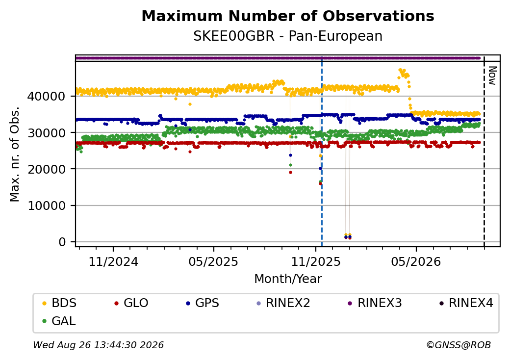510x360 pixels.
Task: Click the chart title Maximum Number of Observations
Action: click(x=288, y=16)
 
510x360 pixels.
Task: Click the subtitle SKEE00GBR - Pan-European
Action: click(x=288, y=36)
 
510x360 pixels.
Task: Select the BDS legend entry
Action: click(x=59, y=303)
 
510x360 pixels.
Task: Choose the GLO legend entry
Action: click(x=131, y=303)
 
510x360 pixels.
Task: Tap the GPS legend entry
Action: click(x=203, y=303)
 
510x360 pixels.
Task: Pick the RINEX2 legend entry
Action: click(x=283, y=303)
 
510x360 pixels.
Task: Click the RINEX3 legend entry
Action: click(x=375, y=303)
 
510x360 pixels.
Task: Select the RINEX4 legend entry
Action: click(x=466, y=303)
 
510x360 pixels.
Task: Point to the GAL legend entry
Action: click(x=59, y=321)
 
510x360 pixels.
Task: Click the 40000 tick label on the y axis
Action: click(x=47, y=97)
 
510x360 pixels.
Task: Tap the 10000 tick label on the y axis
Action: click(x=47, y=206)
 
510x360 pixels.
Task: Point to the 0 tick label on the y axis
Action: click(x=62, y=242)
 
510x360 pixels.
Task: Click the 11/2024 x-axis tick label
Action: click(x=113, y=262)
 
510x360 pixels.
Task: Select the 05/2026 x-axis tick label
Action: click(x=416, y=262)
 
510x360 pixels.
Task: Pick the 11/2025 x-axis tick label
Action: click(x=315, y=262)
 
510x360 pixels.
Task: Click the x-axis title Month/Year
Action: click(x=288, y=279)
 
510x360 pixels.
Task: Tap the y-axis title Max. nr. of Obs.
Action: click(x=15, y=154)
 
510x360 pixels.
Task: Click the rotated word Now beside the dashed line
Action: click(x=492, y=76)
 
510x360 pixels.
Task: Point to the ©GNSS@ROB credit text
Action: click(x=459, y=345)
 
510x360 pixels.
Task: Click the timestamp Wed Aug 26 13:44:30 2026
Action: click(x=99, y=345)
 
